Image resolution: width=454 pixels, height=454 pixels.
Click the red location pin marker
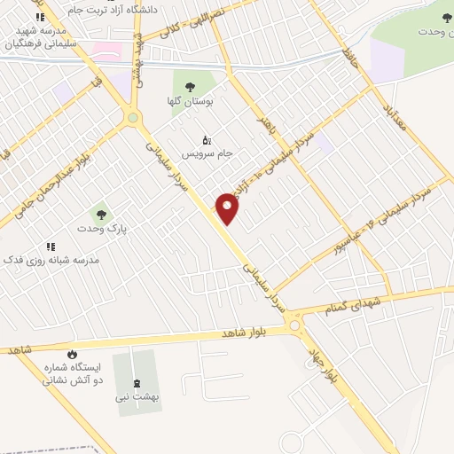point(227,208)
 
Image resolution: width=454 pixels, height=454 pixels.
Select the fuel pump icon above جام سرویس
point(207,140)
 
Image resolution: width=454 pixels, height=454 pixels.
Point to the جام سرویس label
point(207,153)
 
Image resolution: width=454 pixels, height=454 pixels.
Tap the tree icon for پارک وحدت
point(101,214)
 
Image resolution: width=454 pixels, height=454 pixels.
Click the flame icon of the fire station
point(73,352)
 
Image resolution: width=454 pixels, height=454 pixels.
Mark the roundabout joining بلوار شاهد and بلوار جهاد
point(296,327)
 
